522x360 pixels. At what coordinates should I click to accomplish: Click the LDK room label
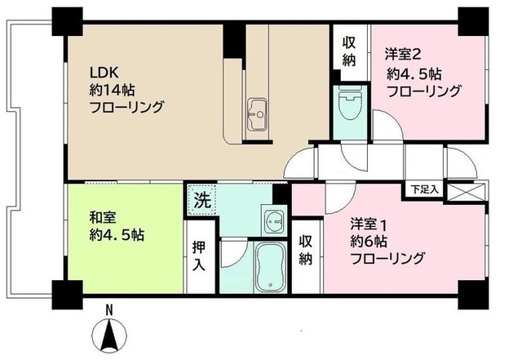tap(104, 71)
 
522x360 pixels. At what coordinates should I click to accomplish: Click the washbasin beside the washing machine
tap(272, 220)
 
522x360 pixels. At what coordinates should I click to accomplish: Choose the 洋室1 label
tap(368, 223)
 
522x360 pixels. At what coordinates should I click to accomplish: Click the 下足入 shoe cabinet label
tap(424, 189)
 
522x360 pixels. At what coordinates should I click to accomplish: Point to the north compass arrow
tap(111, 334)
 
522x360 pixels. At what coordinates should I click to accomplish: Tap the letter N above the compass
tap(111, 309)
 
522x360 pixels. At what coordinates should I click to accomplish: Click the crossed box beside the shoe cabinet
tap(465, 191)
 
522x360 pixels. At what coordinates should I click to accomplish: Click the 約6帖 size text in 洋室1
tap(372, 241)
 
